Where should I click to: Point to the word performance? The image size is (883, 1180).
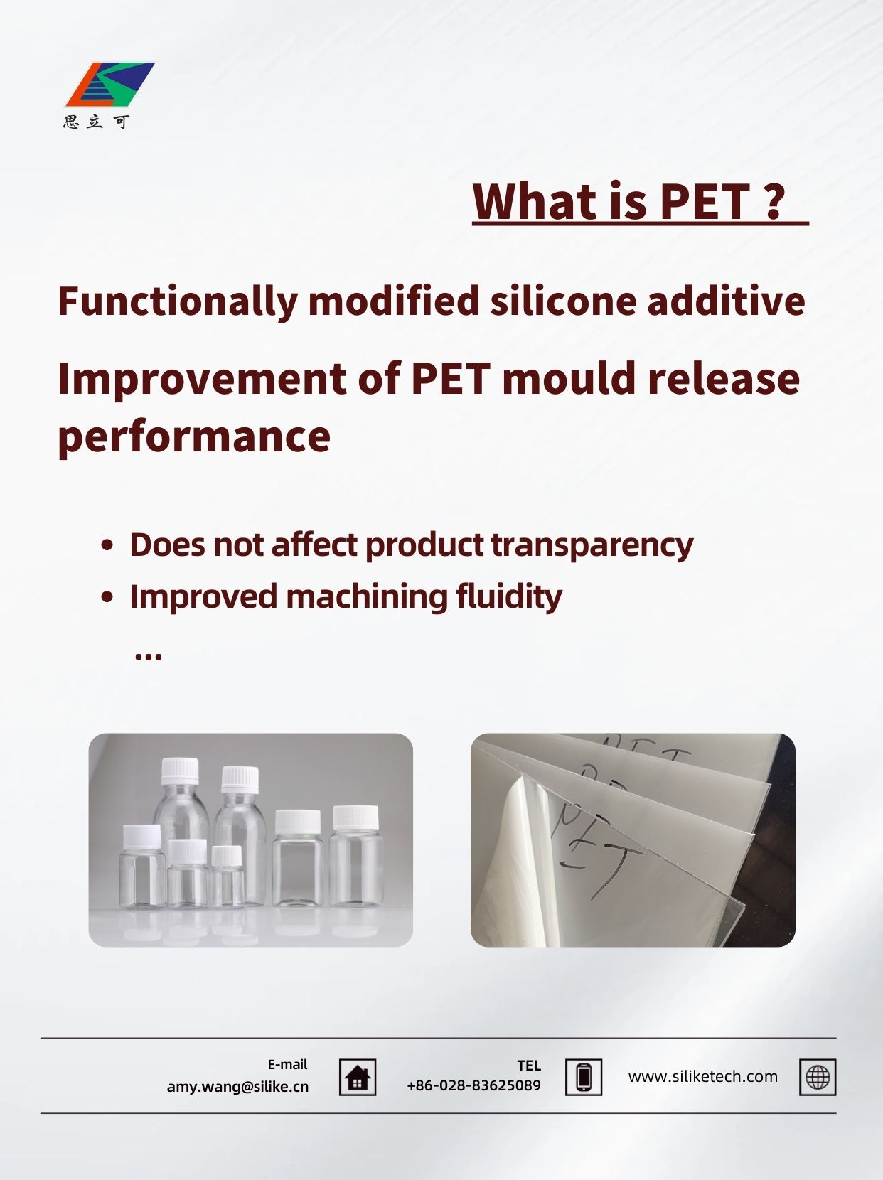pos(194,436)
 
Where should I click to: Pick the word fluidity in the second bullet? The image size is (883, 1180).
pos(508,597)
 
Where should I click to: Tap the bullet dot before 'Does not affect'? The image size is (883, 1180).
pos(107,545)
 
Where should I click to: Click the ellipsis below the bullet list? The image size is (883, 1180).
pos(149,656)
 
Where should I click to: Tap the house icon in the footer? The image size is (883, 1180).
pos(358,1078)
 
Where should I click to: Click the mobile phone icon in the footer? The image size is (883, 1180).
pos(584,1078)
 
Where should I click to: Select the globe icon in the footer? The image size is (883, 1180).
pos(818,1078)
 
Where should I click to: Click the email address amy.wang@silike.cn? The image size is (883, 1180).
pos(237,1087)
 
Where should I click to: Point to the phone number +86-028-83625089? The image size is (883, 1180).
pos(473,1085)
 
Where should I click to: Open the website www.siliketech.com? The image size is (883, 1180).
pos(703,1076)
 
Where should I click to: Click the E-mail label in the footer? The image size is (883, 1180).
pos(287,1064)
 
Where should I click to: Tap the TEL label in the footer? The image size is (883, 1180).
pos(529,1066)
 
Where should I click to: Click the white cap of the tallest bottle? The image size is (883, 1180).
pos(179,771)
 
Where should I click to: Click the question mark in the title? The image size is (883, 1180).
pos(774,201)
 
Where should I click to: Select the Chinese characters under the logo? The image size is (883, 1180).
pos(97,122)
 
